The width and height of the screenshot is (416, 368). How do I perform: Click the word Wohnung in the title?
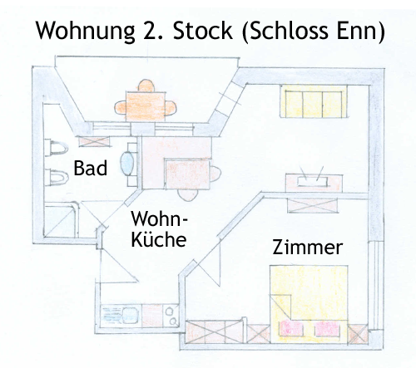click(85, 31)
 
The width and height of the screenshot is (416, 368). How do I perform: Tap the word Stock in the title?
click(202, 30)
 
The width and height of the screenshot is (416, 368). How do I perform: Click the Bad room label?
click(91, 168)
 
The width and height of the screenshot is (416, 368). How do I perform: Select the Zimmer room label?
click(308, 247)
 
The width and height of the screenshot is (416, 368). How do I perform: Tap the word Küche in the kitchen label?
click(159, 239)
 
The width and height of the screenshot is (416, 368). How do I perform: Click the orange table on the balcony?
click(146, 106)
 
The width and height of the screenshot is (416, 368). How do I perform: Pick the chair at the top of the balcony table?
click(146, 86)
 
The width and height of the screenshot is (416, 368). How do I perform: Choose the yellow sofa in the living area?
click(314, 101)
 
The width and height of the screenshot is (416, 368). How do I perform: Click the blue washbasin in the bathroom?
click(127, 163)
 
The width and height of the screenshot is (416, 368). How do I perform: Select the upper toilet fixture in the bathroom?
click(57, 148)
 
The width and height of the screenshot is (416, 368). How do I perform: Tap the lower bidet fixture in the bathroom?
click(57, 178)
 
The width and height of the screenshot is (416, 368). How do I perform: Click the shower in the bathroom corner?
click(62, 220)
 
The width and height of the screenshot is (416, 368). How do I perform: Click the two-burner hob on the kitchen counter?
click(171, 316)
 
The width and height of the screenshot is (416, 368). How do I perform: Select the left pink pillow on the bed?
click(291, 328)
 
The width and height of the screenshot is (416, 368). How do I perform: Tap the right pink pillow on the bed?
click(327, 328)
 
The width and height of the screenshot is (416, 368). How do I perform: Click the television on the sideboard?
click(312, 182)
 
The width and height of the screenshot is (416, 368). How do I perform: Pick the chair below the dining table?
click(188, 194)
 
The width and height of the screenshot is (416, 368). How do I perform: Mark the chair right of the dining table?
click(215, 174)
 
